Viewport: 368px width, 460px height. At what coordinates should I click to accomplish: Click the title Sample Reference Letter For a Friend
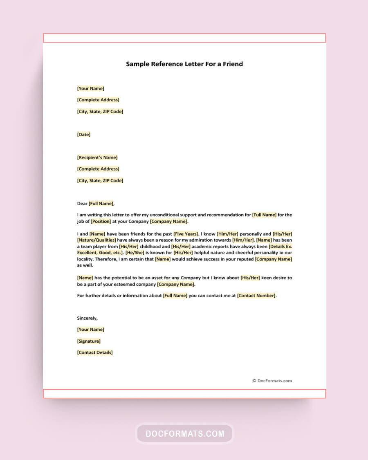184,64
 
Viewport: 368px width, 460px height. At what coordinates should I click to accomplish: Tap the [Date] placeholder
84,135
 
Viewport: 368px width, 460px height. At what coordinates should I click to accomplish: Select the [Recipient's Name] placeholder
97,157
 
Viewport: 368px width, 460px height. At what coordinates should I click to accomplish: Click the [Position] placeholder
101,221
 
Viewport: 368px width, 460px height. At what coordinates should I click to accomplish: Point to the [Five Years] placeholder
186,234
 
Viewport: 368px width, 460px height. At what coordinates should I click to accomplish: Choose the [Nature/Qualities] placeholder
96,240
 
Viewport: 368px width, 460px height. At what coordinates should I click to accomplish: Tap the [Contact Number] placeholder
257,296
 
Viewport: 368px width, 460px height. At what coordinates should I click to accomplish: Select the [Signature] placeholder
89,341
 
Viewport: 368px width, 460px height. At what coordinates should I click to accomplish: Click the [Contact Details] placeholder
95,352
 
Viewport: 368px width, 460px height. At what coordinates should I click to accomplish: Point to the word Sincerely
88,318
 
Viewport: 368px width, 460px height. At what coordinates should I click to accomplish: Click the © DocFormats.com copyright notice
272,381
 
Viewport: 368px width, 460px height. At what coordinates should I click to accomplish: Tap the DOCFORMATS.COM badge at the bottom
184,433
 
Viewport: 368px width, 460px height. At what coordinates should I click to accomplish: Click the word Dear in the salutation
82,203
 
